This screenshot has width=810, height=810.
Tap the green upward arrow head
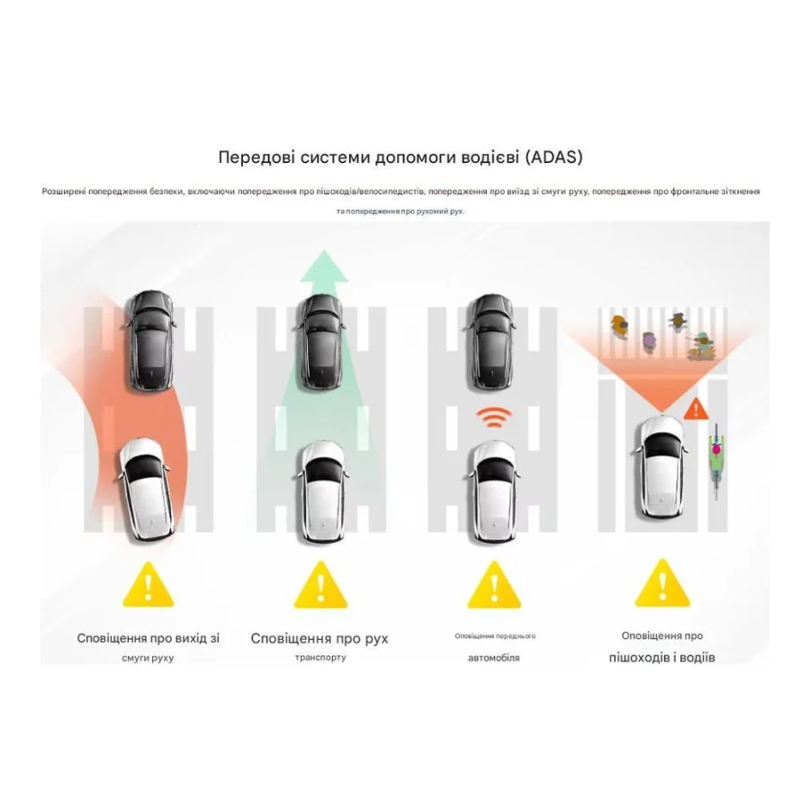pyautogui.click(x=324, y=266)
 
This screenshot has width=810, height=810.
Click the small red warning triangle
pyautogui.click(x=697, y=409)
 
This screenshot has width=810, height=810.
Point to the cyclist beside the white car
pyautogui.click(x=716, y=461)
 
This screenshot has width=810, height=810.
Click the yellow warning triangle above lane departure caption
pyautogui.click(x=148, y=584)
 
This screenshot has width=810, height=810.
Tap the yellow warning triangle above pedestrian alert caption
pyautogui.click(x=662, y=583)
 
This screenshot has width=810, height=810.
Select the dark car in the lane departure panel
pyautogui.click(x=151, y=340)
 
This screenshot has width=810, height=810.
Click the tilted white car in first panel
pyautogui.click(x=145, y=490)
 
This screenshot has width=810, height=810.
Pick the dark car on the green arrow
pyautogui.click(x=320, y=342)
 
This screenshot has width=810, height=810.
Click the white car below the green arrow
pyautogui.click(x=322, y=490)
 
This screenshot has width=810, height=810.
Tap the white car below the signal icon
pyautogui.click(x=494, y=490)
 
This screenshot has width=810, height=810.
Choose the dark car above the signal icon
pyautogui.click(x=492, y=342)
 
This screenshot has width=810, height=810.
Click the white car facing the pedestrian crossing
pyautogui.click(x=661, y=467)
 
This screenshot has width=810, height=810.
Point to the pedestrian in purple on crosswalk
pyautogui.click(x=649, y=341)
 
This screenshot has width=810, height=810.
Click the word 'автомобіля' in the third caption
pyautogui.click(x=494, y=658)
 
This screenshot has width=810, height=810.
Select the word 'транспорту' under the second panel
pyautogui.click(x=320, y=658)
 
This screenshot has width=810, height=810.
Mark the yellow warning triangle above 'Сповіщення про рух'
pyautogui.click(x=320, y=584)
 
